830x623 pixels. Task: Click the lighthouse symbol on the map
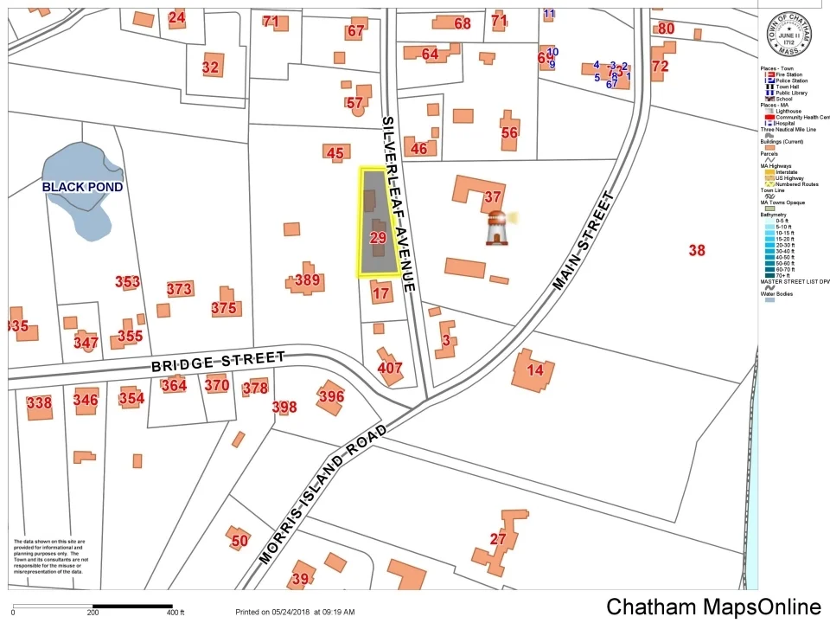pos(496,228)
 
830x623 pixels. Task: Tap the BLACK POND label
pos(82,187)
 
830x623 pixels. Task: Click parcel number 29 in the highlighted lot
pos(378,237)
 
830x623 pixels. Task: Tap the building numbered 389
pos(307,279)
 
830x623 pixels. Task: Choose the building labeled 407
pos(390,368)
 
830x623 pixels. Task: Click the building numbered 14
pos(535,370)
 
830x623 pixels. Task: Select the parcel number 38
pos(697,251)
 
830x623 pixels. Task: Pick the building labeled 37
pos(492,196)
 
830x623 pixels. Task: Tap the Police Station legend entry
pos(790,80)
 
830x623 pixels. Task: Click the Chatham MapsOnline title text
pos(713,607)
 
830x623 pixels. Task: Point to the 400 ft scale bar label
pos(176,613)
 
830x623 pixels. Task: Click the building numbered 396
pos(331,396)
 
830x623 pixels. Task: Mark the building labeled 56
pos(509,132)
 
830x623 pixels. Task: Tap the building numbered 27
pos(498,539)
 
